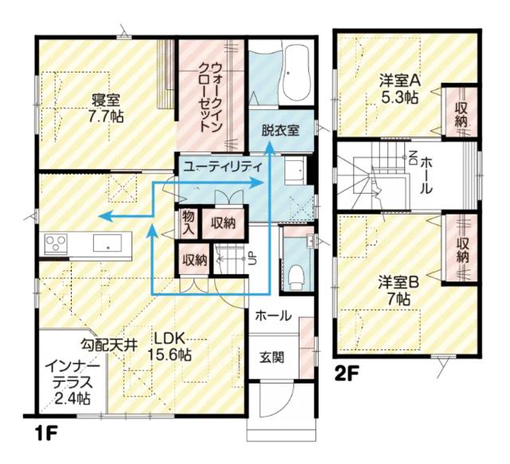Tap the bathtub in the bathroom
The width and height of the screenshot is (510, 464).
[296, 74]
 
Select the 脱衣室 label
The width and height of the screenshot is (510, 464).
[280, 131]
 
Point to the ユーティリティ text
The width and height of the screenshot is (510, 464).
[223, 167]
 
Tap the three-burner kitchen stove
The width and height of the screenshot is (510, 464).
[56, 243]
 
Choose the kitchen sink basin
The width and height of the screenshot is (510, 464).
[108, 242]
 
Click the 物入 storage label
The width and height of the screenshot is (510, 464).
[189, 222]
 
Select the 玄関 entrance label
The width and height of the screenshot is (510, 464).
[272, 358]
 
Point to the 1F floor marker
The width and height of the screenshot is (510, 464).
[46, 435]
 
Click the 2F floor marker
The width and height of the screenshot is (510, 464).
[347, 374]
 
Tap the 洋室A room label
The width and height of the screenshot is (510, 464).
[400, 81]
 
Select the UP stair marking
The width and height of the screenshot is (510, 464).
[253, 258]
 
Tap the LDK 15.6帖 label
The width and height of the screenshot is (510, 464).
[169, 347]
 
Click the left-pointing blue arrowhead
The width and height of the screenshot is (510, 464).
[106, 216]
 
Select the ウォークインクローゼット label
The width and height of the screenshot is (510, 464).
[210, 97]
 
